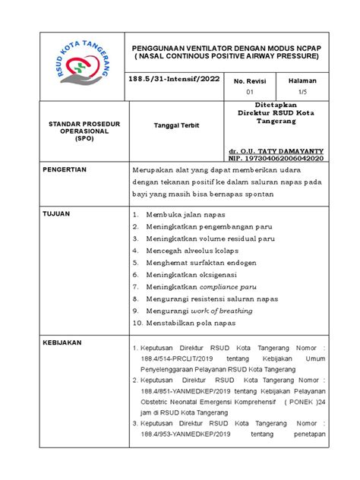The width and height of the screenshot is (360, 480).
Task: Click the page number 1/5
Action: click(x=302, y=91)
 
